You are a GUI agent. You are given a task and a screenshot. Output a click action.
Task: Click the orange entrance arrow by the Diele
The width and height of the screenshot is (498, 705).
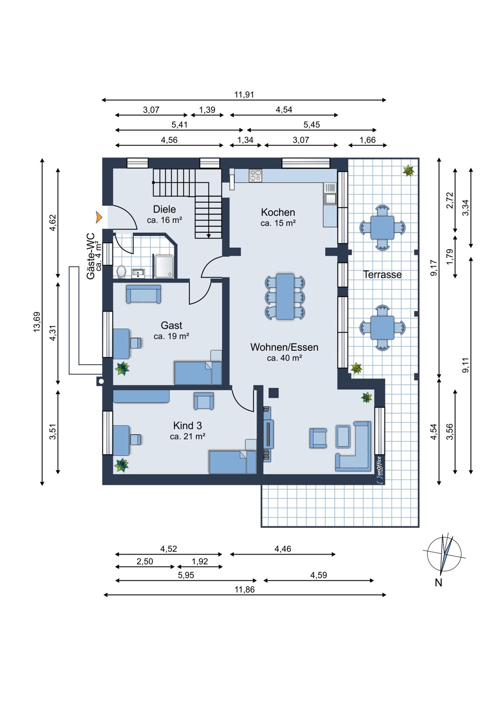tap(99, 217)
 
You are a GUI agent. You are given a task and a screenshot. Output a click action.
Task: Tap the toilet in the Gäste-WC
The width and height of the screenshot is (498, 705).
tap(121, 271)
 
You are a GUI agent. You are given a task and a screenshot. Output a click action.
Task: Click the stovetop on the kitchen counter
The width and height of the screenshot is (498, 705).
tap(255, 176)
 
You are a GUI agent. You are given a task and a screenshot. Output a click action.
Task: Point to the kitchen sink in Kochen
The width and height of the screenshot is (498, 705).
tap(330, 199)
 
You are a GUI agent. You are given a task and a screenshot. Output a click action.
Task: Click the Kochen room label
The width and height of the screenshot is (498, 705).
tap(278, 212)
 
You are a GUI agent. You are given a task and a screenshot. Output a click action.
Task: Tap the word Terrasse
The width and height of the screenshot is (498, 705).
tap(382, 274)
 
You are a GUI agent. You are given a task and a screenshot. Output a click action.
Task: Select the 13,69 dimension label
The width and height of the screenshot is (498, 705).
tap(37, 321)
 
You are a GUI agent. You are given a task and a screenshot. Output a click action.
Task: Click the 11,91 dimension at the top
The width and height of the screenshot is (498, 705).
tap(244, 94)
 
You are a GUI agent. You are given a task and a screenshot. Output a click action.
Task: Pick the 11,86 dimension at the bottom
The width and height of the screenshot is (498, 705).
tap(245, 589)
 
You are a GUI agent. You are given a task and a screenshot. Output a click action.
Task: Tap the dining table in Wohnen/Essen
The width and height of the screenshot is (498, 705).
tap(285, 297)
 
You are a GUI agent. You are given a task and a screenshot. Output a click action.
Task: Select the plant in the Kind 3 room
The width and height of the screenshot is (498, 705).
tap(121, 465)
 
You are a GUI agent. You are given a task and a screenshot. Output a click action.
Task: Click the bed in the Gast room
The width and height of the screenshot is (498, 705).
tap(198, 373)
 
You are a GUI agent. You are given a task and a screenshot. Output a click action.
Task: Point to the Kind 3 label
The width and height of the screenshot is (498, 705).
tap(187, 425)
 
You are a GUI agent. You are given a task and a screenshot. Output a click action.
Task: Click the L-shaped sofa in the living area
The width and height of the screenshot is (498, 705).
tap(354, 446)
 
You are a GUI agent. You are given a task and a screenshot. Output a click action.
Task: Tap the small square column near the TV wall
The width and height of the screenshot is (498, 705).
tap(273, 393)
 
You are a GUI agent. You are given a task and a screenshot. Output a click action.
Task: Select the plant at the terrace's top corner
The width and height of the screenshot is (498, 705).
tap(408, 171)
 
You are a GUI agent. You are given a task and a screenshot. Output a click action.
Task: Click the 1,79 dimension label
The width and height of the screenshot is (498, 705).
tap(450, 257)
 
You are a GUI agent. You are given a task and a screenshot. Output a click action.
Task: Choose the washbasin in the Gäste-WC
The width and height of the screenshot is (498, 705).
tap(138, 273)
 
